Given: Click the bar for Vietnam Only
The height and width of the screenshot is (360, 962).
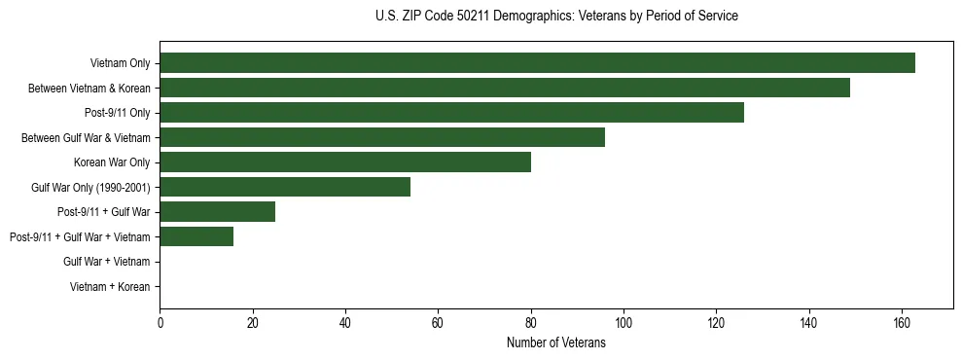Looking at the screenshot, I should pos(537,63).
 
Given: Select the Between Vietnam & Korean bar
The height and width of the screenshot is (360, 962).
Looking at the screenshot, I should pos(505,88).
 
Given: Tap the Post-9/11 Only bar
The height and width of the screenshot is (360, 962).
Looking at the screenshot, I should pos(451,113).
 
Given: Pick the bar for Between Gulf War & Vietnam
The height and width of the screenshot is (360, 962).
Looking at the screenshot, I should pos(382,137).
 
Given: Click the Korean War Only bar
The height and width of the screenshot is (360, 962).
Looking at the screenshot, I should pos(345,162).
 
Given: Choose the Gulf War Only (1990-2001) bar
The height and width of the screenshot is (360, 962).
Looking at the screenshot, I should pos(285,187).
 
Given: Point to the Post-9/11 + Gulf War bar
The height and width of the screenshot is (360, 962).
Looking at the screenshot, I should pos(218,211).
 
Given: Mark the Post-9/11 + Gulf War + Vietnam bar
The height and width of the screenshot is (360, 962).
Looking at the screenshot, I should pos(196,236).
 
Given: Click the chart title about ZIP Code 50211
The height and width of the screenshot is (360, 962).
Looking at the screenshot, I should pos(556,17).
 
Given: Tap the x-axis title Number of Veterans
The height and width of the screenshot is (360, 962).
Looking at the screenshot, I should pos(556,342).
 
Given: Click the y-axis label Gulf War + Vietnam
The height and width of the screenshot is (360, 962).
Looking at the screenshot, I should pos(106,262).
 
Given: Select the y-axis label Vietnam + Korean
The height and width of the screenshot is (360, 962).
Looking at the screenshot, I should pos(110,287).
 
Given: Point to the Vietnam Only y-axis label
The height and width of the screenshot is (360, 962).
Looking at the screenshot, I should pos(120,63).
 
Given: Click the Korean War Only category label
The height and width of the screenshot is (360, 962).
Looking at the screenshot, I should pos(112,162).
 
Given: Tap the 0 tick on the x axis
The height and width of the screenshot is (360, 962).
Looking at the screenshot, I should pos(160,323).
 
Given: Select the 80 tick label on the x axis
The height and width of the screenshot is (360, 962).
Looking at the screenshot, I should pos(531,323).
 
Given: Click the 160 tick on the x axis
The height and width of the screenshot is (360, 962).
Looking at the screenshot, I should pos(902,323).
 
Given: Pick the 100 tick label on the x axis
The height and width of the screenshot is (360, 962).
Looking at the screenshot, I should pos(624,323).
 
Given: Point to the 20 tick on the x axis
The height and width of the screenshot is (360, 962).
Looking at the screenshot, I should pos(252,323).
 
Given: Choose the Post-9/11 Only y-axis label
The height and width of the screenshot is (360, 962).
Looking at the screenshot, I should pos(118,113).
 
